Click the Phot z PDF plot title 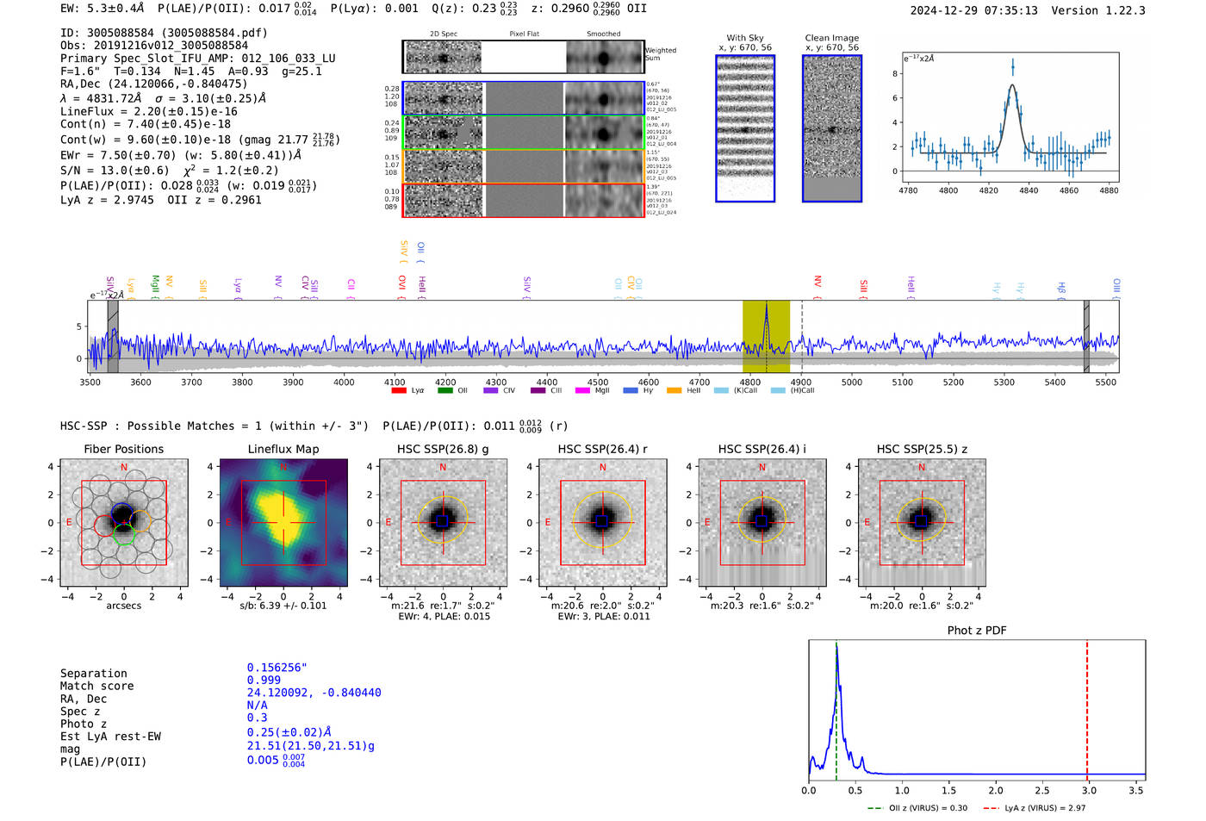(977, 631)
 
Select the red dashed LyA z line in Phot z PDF (1087, 706)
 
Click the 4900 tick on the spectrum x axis (801, 382)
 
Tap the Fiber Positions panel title (123, 449)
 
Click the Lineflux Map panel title (283, 449)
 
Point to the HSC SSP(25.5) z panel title (922, 449)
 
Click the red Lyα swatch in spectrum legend (399, 391)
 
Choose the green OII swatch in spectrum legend (444, 391)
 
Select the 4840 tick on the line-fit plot (1029, 190)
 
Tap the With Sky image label (745, 38)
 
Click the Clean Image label (831, 38)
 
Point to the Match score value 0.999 (264, 680)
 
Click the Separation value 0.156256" (277, 668)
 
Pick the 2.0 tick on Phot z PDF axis (996, 790)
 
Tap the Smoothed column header (603, 34)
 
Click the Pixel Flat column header (524, 34)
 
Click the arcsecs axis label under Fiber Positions (123, 606)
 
